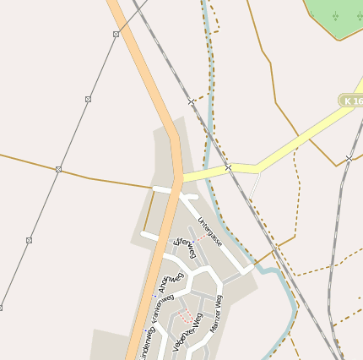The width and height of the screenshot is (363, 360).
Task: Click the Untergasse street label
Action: (209, 232)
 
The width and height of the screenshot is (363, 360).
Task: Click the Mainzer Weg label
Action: (215, 313)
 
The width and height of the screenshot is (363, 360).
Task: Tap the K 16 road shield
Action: (350, 101)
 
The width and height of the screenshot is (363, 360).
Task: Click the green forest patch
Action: (338, 17)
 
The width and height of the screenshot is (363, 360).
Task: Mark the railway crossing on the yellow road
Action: (228, 168)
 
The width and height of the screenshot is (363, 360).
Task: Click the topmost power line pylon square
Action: (116, 34)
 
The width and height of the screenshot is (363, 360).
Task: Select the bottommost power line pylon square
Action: (1, 307)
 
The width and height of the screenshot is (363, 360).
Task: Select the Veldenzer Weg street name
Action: (187, 335)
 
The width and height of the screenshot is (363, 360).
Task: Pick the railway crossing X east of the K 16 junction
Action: (349, 158)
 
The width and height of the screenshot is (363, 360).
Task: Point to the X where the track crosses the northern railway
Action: (191, 102)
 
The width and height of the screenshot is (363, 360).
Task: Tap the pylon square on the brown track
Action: (58, 170)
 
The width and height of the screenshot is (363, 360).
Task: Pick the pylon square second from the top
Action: (88, 100)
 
